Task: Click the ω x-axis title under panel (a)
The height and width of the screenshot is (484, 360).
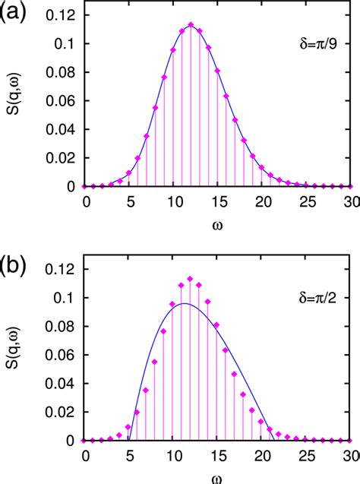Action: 218,226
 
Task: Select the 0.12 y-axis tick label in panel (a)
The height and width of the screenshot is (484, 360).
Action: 61,15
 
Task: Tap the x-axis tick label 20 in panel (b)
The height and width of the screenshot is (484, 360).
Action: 262,454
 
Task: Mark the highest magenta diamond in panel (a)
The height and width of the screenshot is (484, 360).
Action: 191,24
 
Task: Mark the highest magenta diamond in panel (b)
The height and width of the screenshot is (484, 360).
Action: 191,278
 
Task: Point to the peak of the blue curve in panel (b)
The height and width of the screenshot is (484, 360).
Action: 184,304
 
